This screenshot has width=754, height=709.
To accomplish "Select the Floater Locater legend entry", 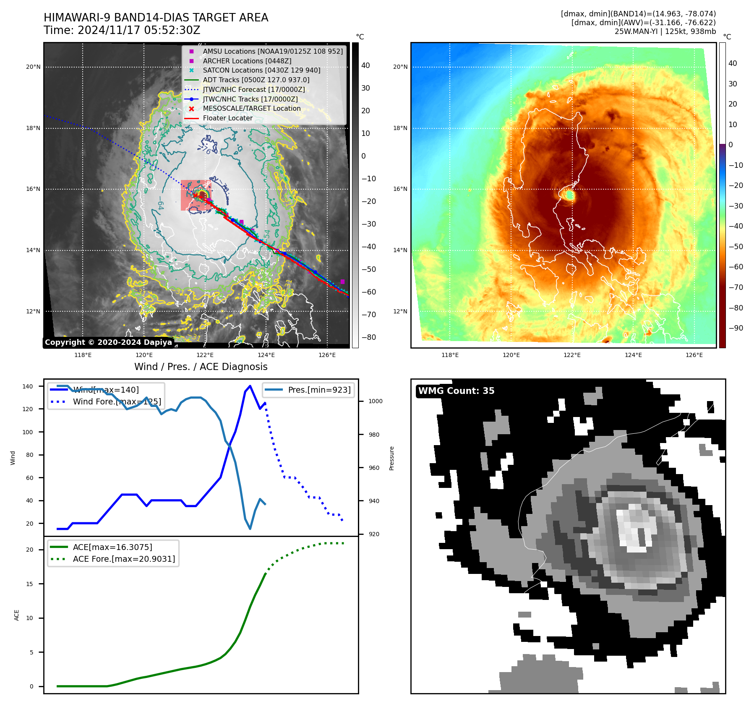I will pyautogui.click(x=227, y=118).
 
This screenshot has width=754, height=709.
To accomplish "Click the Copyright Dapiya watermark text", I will pyautogui.click(x=108, y=342).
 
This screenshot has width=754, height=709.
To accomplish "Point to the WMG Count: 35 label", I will pyautogui.click(x=456, y=391).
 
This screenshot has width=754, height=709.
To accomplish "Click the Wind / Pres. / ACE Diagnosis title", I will pyautogui.click(x=201, y=367).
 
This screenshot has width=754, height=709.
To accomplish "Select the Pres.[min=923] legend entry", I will pyautogui.click(x=319, y=390).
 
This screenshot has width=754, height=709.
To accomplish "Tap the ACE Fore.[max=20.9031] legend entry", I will pyautogui.click(x=124, y=559).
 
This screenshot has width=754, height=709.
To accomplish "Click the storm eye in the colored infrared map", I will pyautogui.click(x=569, y=195).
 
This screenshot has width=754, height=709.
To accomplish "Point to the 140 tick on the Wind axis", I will pyautogui.click(x=28, y=386).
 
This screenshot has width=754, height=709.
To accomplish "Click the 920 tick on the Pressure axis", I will pyautogui.click(x=373, y=534).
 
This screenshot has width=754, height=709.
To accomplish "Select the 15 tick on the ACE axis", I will pyautogui.click(x=29, y=584).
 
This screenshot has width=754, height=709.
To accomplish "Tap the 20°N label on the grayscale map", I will pyautogui.click(x=33, y=67).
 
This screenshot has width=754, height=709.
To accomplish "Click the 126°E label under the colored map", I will pyautogui.click(x=694, y=355).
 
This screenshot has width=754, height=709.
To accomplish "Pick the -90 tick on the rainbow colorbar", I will pyautogui.click(x=736, y=328).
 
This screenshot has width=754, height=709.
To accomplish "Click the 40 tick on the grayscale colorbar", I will pyautogui.click(x=365, y=65).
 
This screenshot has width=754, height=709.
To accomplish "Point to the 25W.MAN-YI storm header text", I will pyautogui.click(x=665, y=31).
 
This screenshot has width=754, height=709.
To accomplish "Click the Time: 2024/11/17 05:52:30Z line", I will pyautogui.click(x=122, y=31).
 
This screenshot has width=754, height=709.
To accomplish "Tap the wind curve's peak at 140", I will pyautogui.click(x=250, y=386).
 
